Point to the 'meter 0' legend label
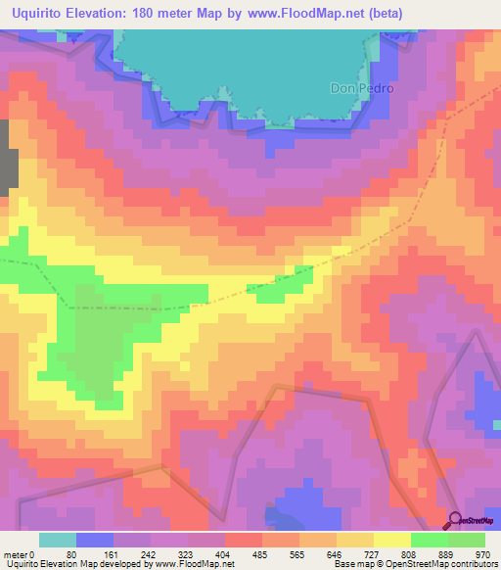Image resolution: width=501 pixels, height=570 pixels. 19,553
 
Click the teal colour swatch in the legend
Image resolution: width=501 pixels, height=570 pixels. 58,540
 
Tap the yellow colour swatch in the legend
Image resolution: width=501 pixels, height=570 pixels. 391,540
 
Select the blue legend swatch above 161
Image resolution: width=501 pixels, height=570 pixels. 95,540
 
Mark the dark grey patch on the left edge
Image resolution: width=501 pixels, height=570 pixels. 8,155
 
